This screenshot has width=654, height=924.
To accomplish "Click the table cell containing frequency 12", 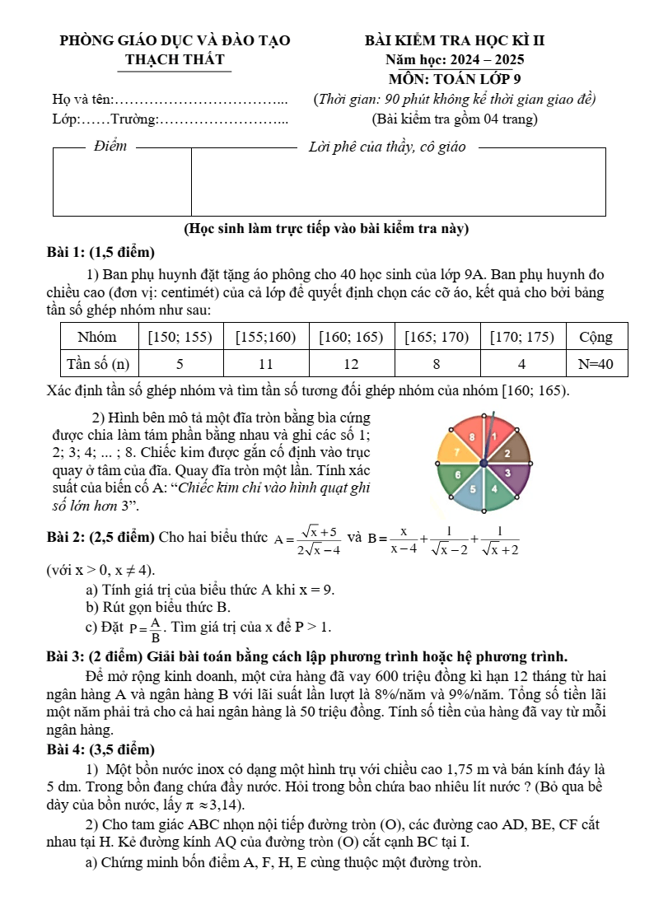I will point(351,362).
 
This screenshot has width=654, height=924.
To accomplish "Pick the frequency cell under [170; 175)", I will point(521,362).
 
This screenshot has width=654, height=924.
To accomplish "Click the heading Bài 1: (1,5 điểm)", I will point(100,251).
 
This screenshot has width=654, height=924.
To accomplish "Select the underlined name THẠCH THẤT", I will point(174,60).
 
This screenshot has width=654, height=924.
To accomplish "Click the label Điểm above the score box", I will point(110,147).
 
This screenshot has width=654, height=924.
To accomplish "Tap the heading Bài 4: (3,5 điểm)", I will point(100,749).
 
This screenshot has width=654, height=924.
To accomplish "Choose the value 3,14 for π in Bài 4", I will point(225,804).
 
